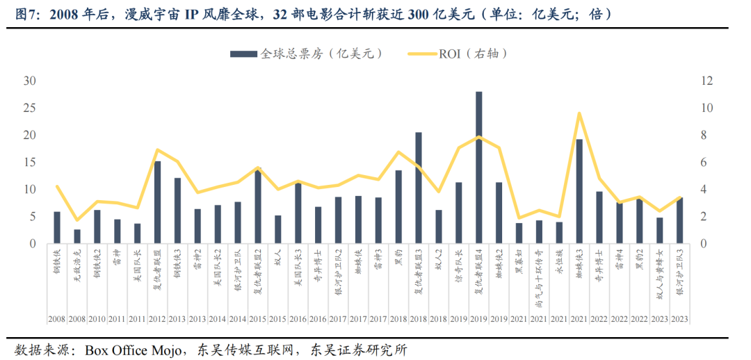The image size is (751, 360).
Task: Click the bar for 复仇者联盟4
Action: pos(479,167)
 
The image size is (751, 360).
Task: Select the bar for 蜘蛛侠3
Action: pos(579,191)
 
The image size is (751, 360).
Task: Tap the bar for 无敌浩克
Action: pos(77,236)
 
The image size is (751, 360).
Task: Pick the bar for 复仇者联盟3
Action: pos(419,188)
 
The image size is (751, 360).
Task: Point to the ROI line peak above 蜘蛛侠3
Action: pos(579,113)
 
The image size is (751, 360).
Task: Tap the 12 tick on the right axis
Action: pos(706,81)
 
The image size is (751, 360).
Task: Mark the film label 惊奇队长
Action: pos(459,264)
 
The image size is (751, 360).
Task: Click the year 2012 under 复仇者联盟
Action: pos(157,319)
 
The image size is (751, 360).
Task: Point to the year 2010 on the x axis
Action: pos(97,319)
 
